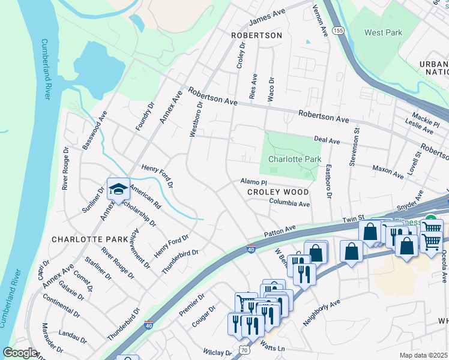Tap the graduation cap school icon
click(118, 189)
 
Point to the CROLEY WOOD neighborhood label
click(278, 192)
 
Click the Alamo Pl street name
click(253, 181)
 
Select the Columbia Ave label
click(289, 204)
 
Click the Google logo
click(20, 352)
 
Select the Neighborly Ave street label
click(321, 312)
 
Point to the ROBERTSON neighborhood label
click(256, 36)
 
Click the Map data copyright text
click(423, 355)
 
